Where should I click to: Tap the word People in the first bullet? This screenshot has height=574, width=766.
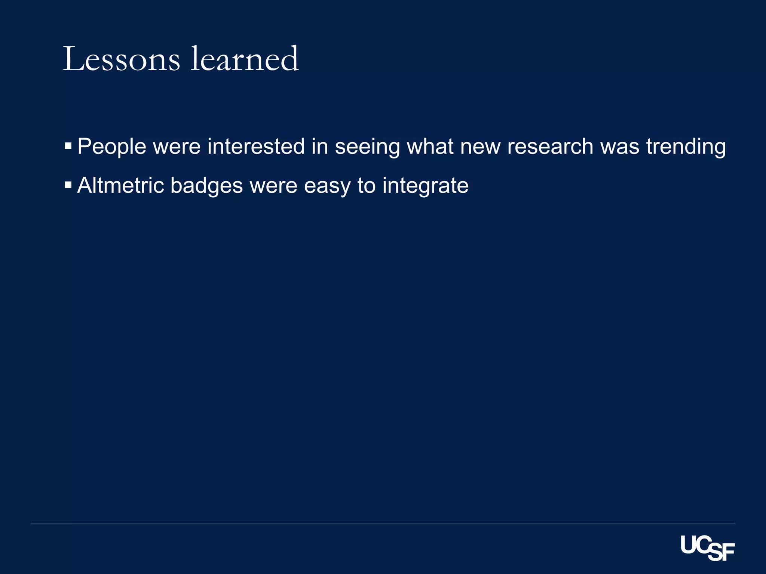[x=111, y=146]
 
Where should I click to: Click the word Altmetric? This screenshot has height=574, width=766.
[x=120, y=185]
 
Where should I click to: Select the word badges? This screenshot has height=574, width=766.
[x=206, y=186]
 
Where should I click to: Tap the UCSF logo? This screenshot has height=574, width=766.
[x=707, y=548]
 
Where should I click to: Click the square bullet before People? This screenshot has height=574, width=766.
[x=68, y=145]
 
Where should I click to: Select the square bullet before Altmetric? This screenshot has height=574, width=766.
[x=68, y=185]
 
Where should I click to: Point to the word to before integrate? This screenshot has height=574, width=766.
[x=366, y=186]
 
